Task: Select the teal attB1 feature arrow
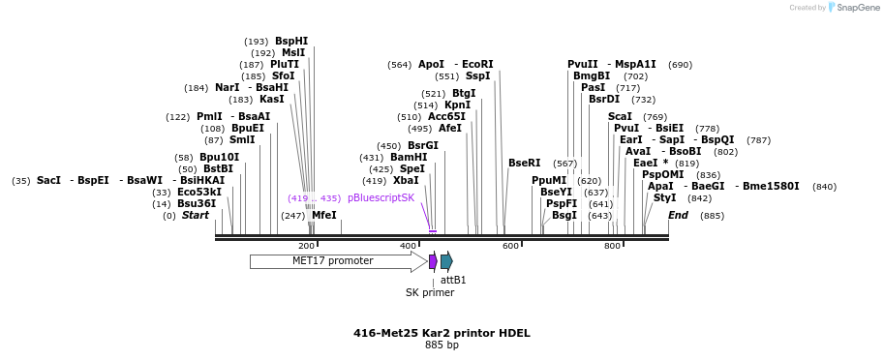[x=446, y=261]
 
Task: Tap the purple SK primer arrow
[x=433, y=261]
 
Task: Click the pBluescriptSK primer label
[x=381, y=197]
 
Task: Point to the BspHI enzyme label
[x=291, y=42]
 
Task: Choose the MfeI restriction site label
[x=324, y=215]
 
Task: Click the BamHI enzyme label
[x=408, y=157]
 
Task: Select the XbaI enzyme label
[x=406, y=180]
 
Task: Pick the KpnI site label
[x=458, y=105]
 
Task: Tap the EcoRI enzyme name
[x=477, y=65]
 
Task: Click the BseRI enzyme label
[x=525, y=164]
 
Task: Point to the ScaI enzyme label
[x=620, y=116]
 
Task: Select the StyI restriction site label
[x=665, y=197]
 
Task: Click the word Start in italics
[x=196, y=215]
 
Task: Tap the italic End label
[x=678, y=215]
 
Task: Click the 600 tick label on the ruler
[x=510, y=247]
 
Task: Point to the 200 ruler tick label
[x=306, y=247]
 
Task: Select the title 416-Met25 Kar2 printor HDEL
[x=442, y=333]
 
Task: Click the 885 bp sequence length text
[x=442, y=345]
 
